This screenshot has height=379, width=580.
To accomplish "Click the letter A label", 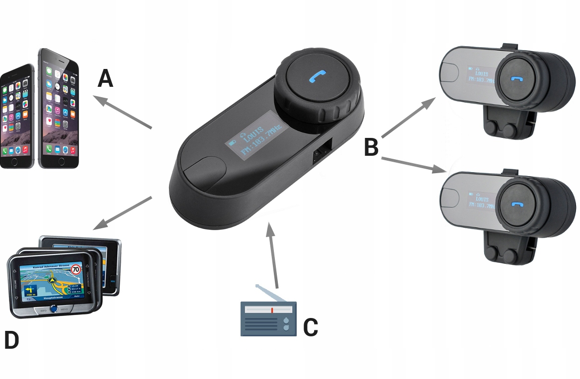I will pos(105,78).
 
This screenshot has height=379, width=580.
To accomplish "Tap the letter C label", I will pos(311,327).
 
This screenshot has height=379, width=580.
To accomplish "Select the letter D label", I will pos(11,340).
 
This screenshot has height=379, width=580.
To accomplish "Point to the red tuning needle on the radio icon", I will pos(272,310).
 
